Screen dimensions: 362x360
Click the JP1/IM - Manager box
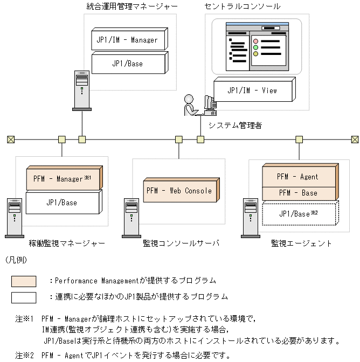(x=127, y=40)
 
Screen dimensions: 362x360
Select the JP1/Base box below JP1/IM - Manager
(x=127, y=64)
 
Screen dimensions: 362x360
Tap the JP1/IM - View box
(x=252, y=90)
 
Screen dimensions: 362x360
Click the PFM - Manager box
(x=63, y=179)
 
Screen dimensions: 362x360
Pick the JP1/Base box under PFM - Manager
(x=62, y=203)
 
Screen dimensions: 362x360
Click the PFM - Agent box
(x=297, y=176)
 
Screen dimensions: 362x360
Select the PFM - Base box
(x=297, y=193)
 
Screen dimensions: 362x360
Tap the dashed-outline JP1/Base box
(x=297, y=214)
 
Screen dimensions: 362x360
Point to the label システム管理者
(x=235, y=126)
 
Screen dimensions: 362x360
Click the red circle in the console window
(x=256, y=41)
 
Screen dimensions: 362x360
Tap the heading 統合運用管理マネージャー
(x=132, y=6)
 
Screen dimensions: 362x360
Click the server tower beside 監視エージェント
(x=250, y=218)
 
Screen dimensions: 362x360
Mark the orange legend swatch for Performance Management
(x=24, y=281)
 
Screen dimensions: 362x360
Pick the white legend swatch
(x=24, y=297)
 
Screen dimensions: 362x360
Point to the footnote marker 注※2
(x=25, y=356)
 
